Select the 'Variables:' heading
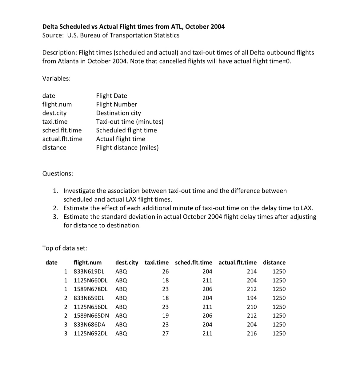[x=56, y=78]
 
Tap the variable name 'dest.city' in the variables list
[x=54, y=113]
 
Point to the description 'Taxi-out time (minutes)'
[x=130, y=122]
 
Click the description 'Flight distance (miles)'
[x=127, y=147]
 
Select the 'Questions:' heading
[x=58, y=174]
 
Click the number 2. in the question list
[x=55, y=208]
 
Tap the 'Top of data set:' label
[x=64, y=248]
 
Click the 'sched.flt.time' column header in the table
[x=193, y=263]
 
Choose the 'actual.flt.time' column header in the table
[x=237, y=263]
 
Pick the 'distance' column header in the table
[x=274, y=263]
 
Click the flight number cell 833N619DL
[x=89, y=271]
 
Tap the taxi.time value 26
[x=165, y=271]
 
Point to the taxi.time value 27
[x=165, y=333]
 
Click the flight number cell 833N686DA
[x=89, y=324]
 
